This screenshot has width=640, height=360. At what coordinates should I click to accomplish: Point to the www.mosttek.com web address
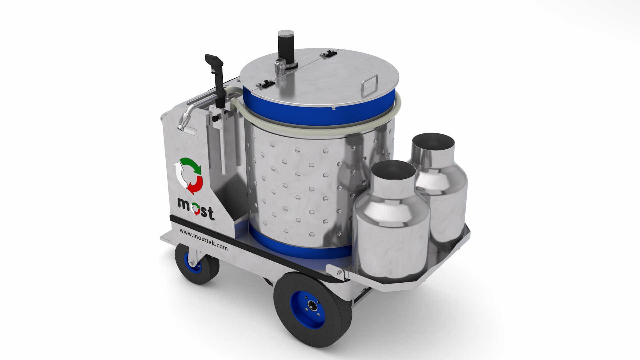[203, 239]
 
